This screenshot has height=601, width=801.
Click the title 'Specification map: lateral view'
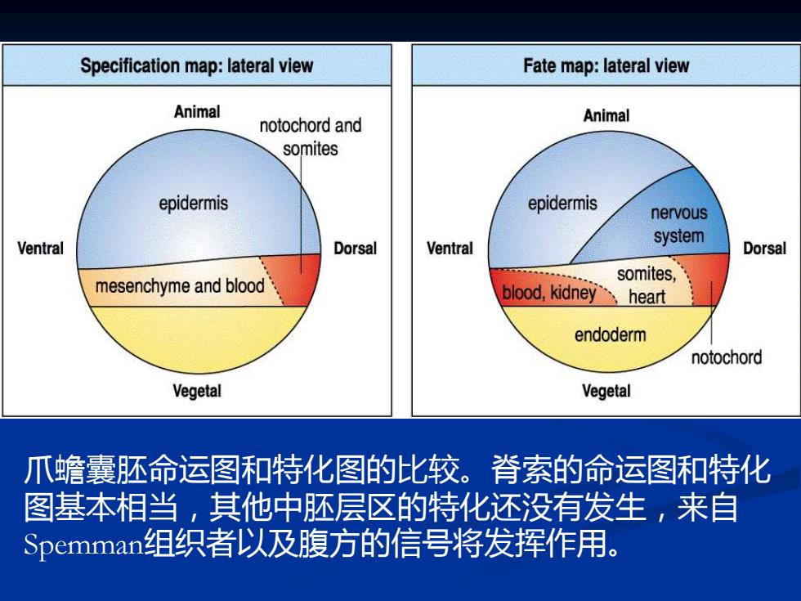pos(197,66)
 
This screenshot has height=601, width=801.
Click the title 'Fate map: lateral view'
pos(606,66)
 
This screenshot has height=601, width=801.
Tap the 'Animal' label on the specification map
pos(197,111)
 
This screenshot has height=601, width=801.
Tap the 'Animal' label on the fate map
pos(606,115)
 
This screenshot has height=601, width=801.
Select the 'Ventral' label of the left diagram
pos(40,249)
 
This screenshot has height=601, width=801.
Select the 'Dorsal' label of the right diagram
pos(765,249)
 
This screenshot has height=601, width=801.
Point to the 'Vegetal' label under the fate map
pos(606,391)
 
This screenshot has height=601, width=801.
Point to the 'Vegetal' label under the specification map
pos(197,391)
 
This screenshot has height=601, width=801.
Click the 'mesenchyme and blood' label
pos(180,286)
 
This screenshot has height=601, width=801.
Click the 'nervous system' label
pos(679,224)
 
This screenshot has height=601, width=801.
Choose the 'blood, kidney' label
pos(549,293)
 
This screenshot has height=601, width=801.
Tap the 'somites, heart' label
pos(647,285)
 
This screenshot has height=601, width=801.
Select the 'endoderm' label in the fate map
pos(611,335)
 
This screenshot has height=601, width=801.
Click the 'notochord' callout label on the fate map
pos(727,357)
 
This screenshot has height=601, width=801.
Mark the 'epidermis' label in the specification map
pos(193,204)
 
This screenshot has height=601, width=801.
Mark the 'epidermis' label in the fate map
pos(562,204)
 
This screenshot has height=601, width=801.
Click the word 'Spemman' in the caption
pos(83,545)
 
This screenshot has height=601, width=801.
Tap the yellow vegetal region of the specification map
pos(198,337)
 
